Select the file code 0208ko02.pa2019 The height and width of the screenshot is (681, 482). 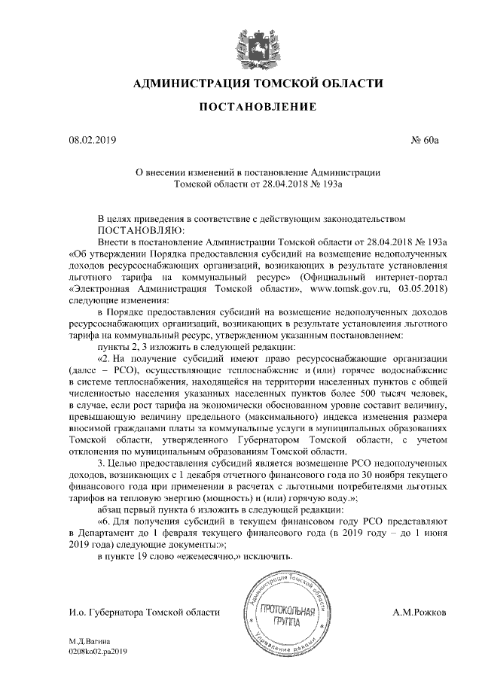(x=99, y=653)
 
